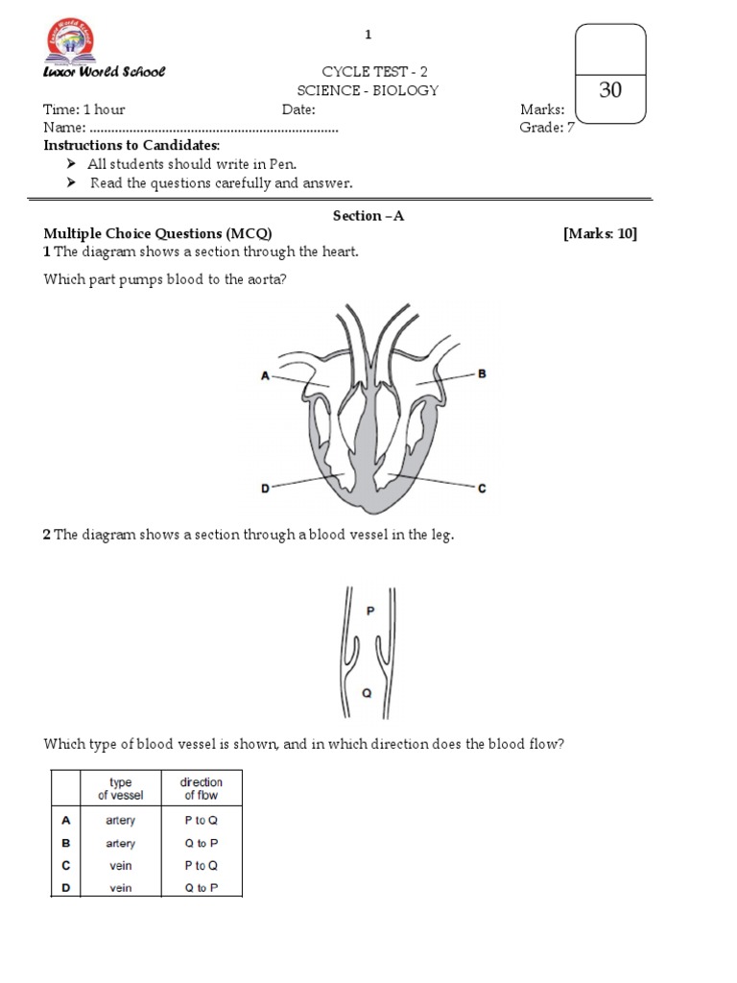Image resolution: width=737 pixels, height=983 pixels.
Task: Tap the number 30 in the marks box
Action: (x=610, y=91)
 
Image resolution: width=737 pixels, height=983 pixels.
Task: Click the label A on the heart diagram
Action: (x=265, y=376)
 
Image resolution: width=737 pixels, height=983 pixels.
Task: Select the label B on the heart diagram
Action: (x=483, y=373)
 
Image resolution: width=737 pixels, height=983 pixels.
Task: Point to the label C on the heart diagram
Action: (x=483, y=489)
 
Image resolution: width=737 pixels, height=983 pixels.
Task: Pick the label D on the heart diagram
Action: (x=265, y=489)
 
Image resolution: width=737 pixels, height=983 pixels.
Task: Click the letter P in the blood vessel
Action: (x=370, y=611)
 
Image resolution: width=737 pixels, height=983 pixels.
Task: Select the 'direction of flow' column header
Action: (x=201, y=789)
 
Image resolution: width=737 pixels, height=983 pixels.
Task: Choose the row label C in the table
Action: (x=66, y=865)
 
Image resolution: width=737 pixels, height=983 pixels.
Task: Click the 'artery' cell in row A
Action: (x=121, y=821)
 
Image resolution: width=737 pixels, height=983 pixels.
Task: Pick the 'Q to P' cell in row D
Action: (x=202, y=888)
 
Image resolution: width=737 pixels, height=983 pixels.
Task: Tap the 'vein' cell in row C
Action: (x=121, y=865)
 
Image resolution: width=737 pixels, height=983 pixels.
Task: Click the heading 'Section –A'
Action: (x=368, y=216)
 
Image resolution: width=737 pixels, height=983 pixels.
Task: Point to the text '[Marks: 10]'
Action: (x=600, y=233)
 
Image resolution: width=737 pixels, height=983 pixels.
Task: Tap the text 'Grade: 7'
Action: (x=547, y=128)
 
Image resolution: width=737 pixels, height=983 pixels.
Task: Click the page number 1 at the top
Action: (x=368, y=36)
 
